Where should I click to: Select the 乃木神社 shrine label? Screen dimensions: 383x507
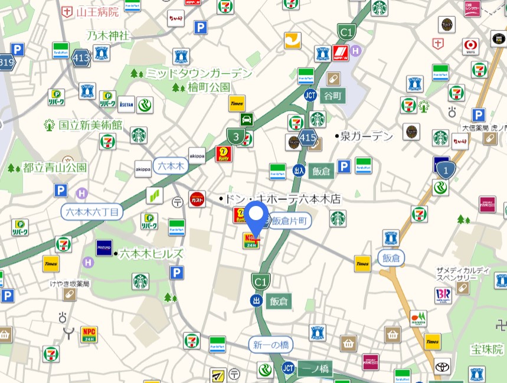coord(107,35)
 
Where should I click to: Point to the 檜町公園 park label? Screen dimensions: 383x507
coord(208,87)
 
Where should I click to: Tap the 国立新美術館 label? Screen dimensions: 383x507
coord(90,125)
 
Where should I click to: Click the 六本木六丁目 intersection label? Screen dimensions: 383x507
coord(92,211)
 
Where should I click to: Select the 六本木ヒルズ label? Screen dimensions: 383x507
coord(151,254)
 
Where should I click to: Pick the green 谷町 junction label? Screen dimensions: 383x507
coord(331,96)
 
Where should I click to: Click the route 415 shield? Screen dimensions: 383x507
coord(308,139)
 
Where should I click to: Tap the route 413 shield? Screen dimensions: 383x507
coord(81,58)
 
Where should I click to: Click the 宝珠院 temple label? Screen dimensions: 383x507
coord(486,349)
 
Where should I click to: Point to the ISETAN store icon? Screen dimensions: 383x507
coord(126,104)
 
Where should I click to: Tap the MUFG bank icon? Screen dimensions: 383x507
coord(470,46)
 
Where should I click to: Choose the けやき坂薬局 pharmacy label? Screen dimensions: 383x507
coord(70,284)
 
